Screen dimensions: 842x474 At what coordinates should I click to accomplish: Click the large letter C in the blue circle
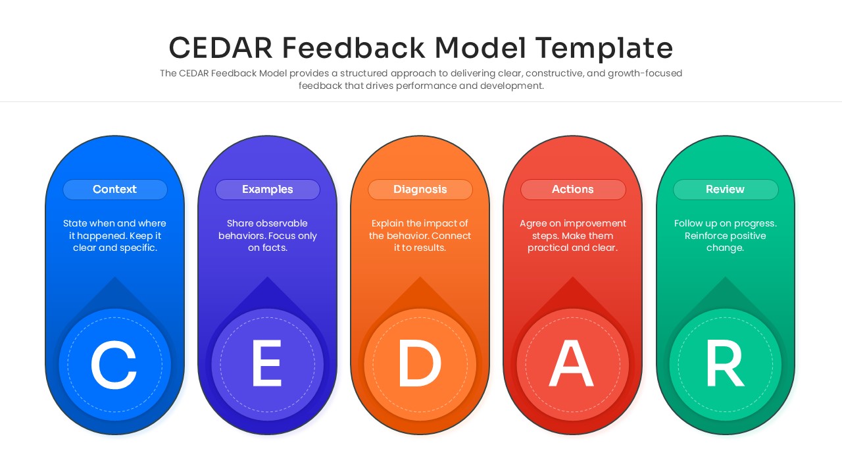click(x=114, y=365)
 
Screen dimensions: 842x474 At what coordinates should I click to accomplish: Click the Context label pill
click(x=114, y=190)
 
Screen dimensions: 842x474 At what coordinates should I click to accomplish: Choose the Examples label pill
click(x=267, y=190)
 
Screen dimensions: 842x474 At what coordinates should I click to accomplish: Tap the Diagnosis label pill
click(x=420, y=190)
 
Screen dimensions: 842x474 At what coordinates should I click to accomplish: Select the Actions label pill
click(x=572, y=190)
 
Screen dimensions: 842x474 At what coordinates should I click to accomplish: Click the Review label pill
click(x=725, y=190)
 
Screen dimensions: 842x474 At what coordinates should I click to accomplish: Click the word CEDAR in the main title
click(x=221, y=49)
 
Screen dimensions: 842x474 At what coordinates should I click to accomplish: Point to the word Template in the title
click(x=604, y=49)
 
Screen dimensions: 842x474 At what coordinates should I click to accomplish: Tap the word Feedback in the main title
click(x=354, y=49)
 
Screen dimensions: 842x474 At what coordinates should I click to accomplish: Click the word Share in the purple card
click(x=240, y=224)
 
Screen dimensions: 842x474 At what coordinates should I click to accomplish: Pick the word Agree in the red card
click(x=534, y=224)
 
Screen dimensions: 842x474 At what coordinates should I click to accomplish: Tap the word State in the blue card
click(x=75, y=224)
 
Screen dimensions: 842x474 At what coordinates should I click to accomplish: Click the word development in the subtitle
click(x=511, y=86)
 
